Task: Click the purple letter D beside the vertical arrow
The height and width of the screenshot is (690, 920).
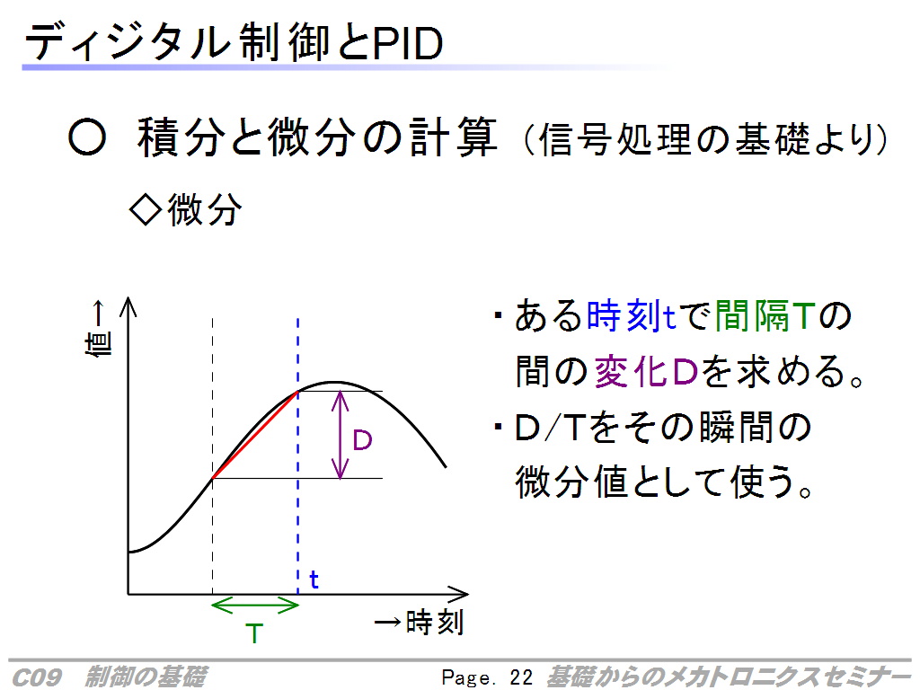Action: click(362, 440)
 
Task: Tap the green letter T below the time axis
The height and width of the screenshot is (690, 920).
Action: click(254, 633)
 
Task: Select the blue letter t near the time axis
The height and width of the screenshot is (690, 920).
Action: click(314, 579)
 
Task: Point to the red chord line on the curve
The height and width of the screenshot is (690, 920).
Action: click(255, 435)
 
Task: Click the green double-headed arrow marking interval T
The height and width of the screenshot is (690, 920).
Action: click(255, 605)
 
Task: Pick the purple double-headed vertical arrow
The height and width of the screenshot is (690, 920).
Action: click(341, 435)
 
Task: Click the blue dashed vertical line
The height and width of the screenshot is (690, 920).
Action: click(298, 456)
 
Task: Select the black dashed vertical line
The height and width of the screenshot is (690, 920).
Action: click(212, 456)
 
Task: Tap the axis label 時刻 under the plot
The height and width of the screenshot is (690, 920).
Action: click(435, 622)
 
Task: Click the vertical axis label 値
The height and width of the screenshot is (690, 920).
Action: click(99, 343)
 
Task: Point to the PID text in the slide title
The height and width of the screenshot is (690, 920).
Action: click(407, 44)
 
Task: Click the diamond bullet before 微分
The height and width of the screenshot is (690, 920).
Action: click(146, 210)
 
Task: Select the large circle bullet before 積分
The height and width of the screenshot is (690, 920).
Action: click(87, 138)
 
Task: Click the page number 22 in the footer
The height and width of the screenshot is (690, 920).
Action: click(521, 677)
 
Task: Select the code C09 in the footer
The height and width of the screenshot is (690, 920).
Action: click(36, 677)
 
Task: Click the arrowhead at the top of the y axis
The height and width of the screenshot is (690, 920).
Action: click(128, 306)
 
